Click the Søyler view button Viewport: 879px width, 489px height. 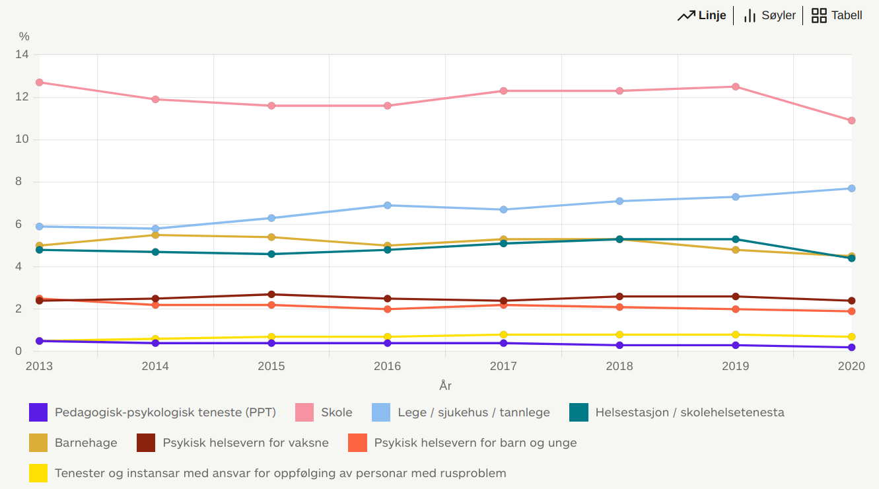coord(769,15)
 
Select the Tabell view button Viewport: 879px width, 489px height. coord(837,15)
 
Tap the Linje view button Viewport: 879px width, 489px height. coord(702,15)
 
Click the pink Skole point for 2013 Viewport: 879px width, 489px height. coord(39,83)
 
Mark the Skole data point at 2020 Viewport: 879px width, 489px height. coord(851,121)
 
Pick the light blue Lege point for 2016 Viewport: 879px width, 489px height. coord(388,206)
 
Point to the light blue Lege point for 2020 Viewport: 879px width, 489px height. coord(851,188)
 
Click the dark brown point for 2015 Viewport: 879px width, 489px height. coord(271,295)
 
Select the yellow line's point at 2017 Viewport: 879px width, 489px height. coord(503,335)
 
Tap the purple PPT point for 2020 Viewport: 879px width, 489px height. coord(851,348)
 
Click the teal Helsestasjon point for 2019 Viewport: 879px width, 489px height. coord(736,239)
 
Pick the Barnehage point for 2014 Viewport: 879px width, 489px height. coord(155,235)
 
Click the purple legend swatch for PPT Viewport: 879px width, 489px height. coord(38,412)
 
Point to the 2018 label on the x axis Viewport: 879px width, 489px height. coord(619,366)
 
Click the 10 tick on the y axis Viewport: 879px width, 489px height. coord(22,139)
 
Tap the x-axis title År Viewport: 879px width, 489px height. coord(445,386)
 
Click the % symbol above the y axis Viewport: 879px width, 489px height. coord(24,37)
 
